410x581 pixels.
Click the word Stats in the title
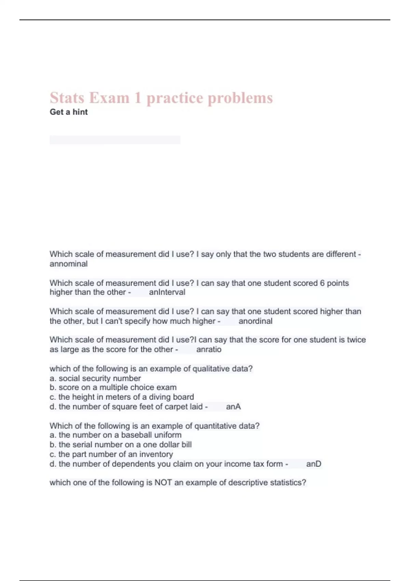coord(67,98)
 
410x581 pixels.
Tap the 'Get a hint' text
coord(69,112)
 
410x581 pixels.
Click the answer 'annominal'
coord(69,264)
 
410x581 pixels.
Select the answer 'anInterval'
coord(167,292)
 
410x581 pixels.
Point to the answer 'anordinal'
coord(255,321)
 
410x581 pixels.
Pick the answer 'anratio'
coord(209,350)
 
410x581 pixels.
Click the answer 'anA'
coord(233,407)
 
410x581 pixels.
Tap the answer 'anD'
coord(314,464)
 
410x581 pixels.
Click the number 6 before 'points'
coord(322,283)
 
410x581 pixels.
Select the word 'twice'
coord(356,340)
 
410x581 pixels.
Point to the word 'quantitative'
coord(215,426)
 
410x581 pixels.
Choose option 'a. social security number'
coord(95,378)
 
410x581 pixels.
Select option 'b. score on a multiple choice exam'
coord(113,388)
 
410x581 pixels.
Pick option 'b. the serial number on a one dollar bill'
coord(121,445)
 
